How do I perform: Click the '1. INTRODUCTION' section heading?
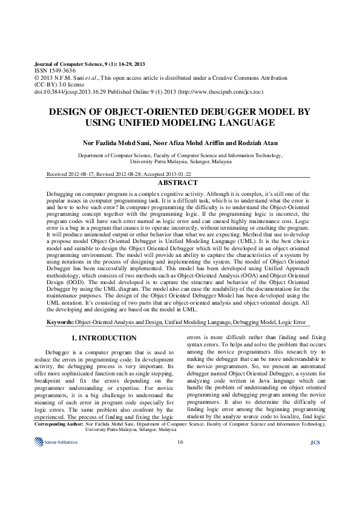pyautogui.click(x=104, y=337)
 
